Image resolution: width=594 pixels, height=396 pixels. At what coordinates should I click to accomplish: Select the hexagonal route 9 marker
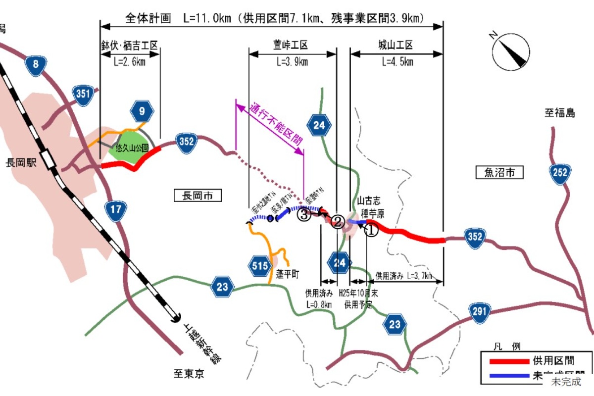(143, 111)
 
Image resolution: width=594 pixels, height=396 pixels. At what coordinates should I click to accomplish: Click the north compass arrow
(509, 49)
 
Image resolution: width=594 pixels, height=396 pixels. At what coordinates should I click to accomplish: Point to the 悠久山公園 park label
(130, 148)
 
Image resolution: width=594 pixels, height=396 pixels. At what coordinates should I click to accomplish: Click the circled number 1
(371, 229)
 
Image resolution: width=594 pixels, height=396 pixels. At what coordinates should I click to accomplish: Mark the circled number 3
(304, 214)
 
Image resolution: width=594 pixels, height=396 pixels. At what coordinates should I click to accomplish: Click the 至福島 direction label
(560, 113)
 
